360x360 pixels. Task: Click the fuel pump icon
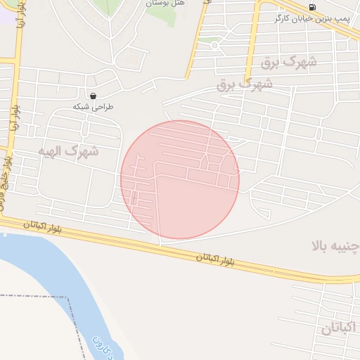[313, 7]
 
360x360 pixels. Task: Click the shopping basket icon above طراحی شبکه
[93, 96]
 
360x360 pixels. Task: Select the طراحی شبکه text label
[94, 107]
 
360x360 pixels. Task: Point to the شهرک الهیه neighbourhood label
[68, 150]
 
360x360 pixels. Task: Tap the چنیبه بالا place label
[335, 245]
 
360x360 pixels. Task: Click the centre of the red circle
[180, 180]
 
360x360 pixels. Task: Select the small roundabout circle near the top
[214, 45]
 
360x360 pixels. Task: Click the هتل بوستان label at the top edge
[165, 4]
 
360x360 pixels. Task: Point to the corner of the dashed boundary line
[68, 297]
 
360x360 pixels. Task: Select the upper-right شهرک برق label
[289, 62]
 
